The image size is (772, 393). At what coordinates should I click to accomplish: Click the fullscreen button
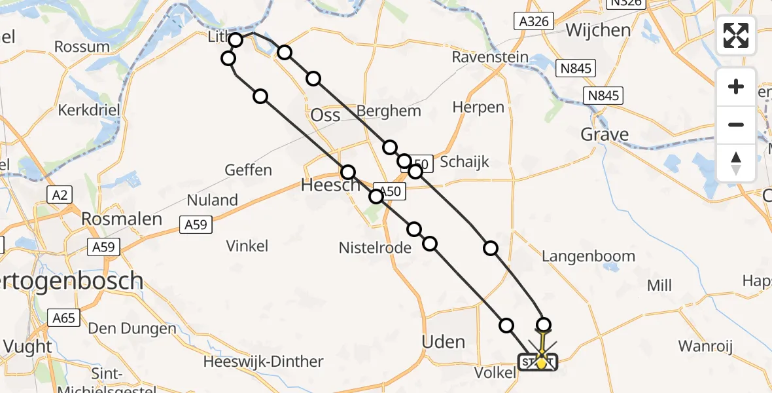(x=736, y=35)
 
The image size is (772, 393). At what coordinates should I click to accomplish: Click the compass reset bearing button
(x=736, y=162)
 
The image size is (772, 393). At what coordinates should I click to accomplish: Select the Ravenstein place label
(x=490, y=58)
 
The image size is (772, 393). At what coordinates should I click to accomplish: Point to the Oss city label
(x=325, y=115)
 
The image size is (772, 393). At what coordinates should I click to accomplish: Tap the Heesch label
(x=330, y=185)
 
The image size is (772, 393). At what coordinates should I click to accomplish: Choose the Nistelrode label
(x=375, y=248)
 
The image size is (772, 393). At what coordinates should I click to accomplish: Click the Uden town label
(x=444, y=342)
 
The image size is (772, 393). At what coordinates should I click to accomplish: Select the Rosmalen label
(x=122, y=219)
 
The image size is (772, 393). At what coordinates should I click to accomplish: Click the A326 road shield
(x=533, y=22)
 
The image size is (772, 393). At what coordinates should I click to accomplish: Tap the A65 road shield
(x=63, y=318)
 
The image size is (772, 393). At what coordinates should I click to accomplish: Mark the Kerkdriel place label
(x=89, y=109)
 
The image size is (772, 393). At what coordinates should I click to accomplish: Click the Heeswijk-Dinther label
(x=263, y=362)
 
